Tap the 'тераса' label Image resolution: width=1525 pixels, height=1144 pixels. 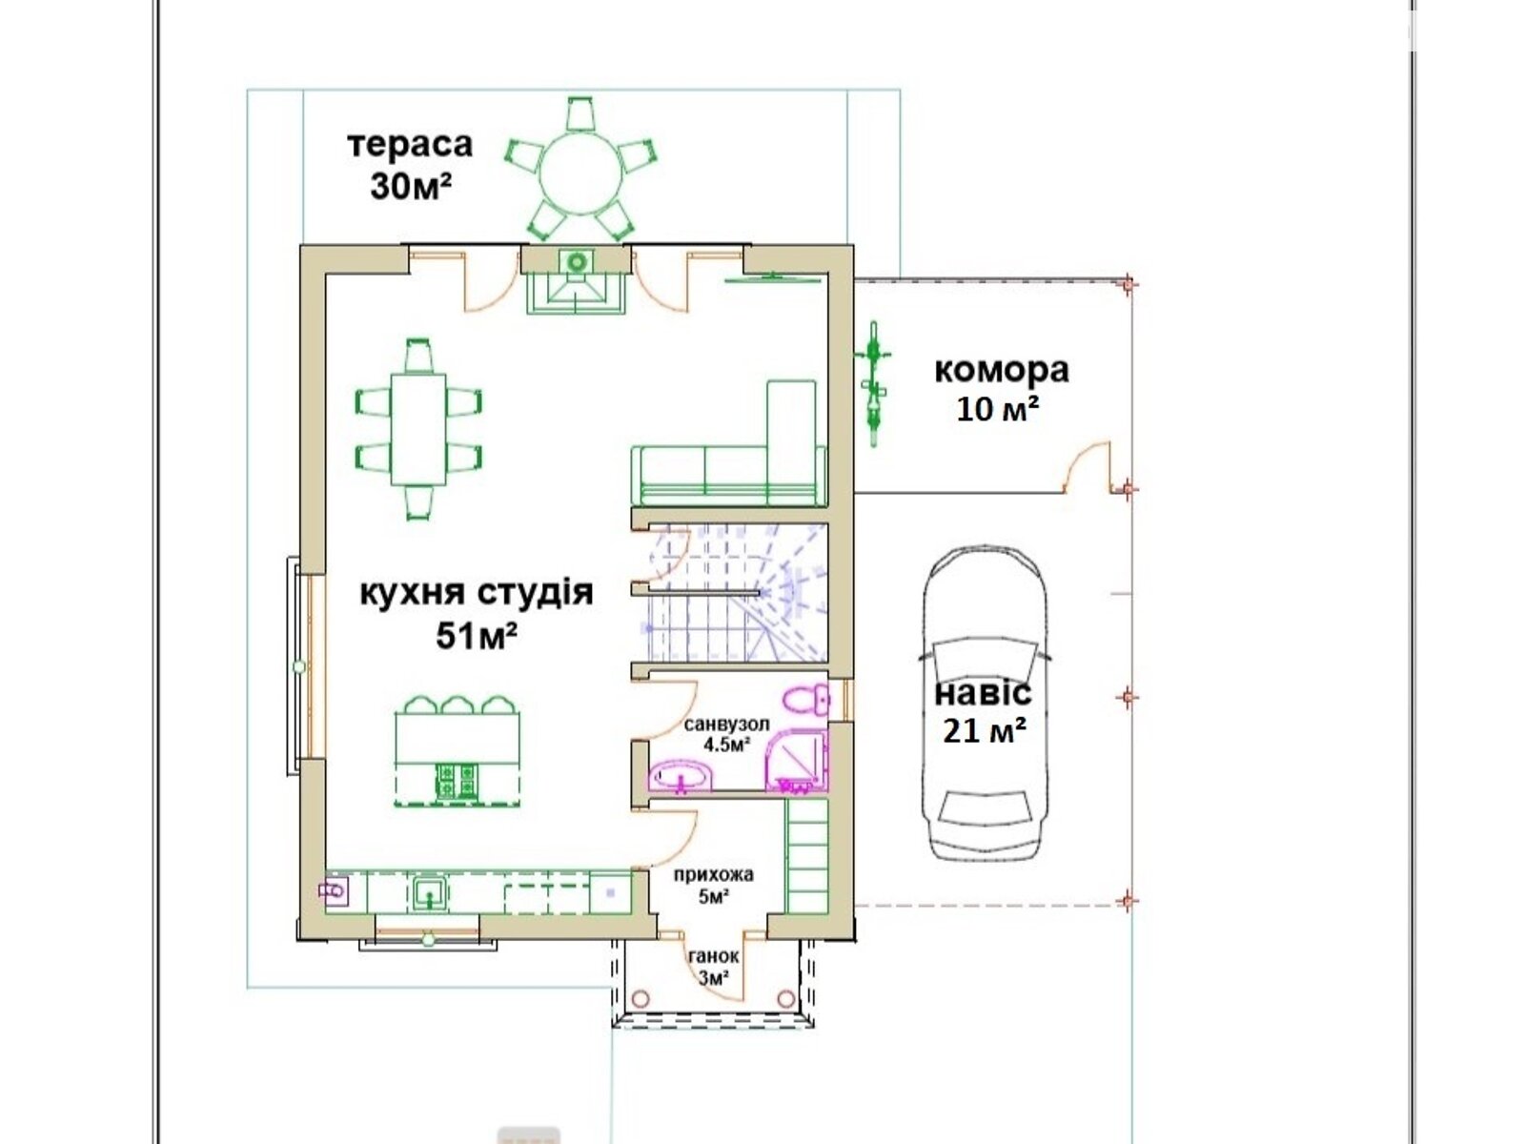[410, 144]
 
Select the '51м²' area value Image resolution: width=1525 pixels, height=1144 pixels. [477, 635]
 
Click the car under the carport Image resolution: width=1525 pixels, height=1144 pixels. [984, 705]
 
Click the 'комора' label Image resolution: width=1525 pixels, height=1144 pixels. [1001, 370]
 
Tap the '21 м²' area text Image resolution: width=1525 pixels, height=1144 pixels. [985, 731]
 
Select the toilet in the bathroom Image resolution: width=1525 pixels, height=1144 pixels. [806, 699]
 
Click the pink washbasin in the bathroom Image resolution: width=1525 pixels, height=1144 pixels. [681, 777]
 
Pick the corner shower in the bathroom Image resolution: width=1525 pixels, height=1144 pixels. [799, 761]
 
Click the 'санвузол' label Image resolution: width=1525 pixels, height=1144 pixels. [726, 725]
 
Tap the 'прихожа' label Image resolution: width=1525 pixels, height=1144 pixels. [713, 874]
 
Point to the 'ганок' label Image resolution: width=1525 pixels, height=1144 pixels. [713, 957]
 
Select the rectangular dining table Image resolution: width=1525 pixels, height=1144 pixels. [418, 429]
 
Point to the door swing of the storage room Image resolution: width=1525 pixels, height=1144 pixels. [1087, 465]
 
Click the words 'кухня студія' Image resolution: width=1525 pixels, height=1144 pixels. [477, 592]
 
